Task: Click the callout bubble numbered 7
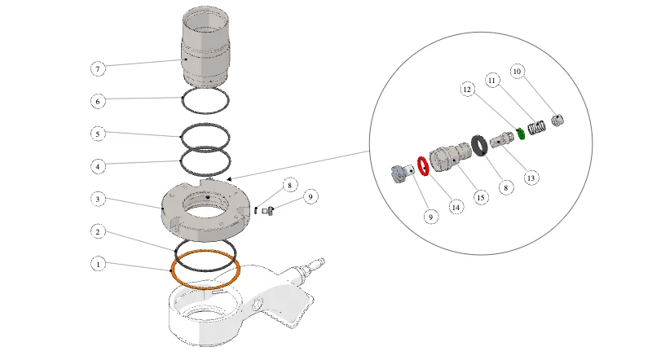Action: click(98, 68)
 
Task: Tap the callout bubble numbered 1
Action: click(98, 264)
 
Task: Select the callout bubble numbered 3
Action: click(98, 199)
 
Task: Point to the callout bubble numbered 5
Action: click(98, 134)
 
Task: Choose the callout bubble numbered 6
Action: click(98, 101)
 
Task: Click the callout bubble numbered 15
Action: click(481, 197)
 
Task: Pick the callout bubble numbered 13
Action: click(531, 178)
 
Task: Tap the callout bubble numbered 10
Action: click(517, 72)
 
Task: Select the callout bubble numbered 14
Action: click(456, 207)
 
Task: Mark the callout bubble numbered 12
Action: click(467, 90)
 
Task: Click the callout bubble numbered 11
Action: click(492, 81)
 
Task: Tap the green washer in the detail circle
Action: click(521, 134)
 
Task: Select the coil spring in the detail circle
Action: click(536, 127)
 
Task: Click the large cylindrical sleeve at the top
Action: click(205, 46)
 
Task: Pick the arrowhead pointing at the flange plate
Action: click(229, 179)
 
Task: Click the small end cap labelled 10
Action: click(557, 121)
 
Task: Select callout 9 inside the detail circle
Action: click(431, 217)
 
